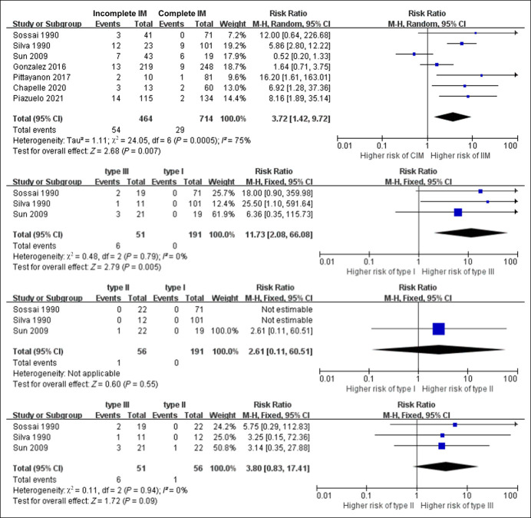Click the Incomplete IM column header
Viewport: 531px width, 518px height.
(x=121, y=14)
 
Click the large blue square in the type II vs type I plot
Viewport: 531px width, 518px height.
(x=438, y=329)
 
